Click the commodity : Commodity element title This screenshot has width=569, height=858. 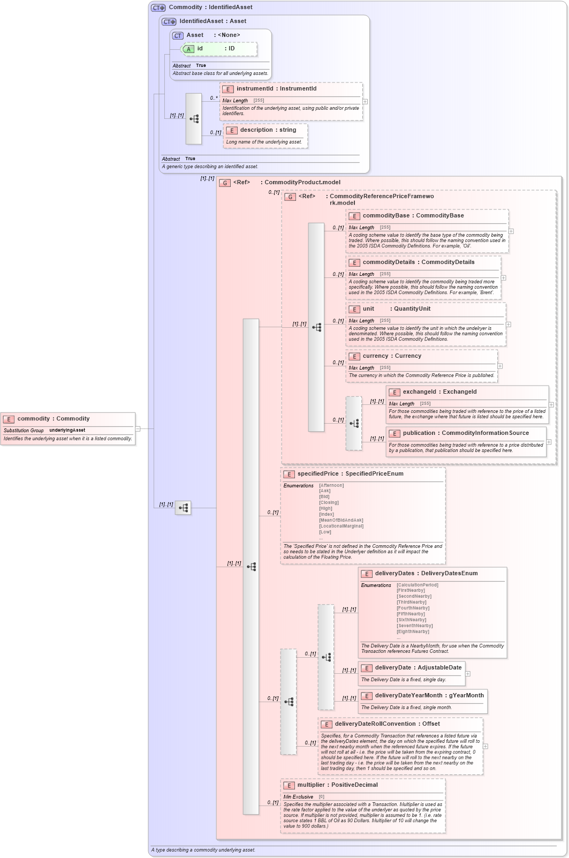point(54,419)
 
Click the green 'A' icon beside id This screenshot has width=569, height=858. point(188,49)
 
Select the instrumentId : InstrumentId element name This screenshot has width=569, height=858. point(276,89)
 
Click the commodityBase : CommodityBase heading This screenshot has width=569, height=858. point(413,216)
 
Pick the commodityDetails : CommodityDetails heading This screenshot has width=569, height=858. point(418,262)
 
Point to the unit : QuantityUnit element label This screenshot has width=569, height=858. point(396,309)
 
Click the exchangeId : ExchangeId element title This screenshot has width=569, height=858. point(439,392)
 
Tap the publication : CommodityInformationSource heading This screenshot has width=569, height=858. point(465,433)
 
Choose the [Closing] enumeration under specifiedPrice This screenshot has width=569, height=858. point(329,503)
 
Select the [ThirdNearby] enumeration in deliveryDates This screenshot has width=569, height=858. point(411,603)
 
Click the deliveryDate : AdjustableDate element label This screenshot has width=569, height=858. point(418,668)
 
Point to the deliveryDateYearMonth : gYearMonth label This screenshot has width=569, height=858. point(429,696)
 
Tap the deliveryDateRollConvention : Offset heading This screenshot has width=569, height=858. point(387,724)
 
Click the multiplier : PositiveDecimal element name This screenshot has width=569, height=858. point(337,785)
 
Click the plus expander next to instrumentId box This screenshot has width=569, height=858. point(365,101)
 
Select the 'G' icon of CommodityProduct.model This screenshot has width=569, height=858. point(225,183)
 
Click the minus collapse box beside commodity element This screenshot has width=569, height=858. point(138,428)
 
